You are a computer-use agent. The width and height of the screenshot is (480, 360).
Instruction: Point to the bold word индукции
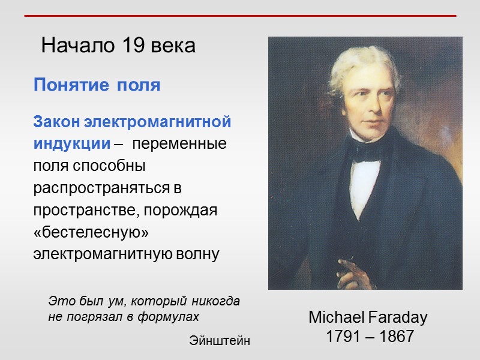[71, 145]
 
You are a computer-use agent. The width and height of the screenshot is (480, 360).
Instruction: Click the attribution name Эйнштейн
[220, 341]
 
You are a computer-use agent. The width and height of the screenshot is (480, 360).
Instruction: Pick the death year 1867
[396, 337]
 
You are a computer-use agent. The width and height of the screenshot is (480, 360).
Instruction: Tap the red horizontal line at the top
[240, 16]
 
